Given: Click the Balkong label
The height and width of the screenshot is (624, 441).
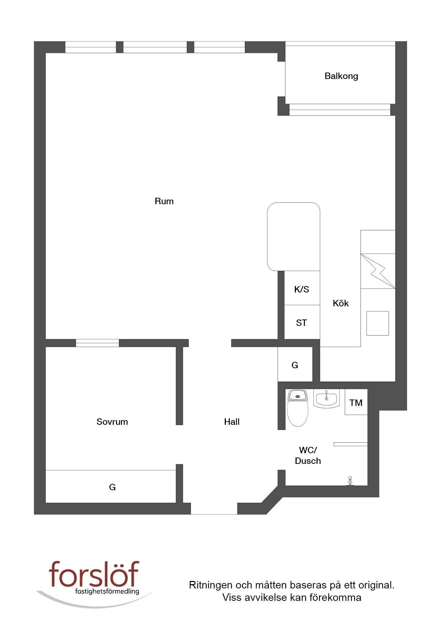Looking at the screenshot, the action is point(341,76).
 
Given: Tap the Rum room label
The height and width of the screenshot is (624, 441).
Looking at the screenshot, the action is point(164,201).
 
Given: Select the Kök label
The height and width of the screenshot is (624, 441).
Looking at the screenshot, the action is point(340,303).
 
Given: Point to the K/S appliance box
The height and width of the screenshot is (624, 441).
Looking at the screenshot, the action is point(302,288).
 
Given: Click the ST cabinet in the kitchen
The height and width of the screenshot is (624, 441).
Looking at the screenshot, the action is point(302,322).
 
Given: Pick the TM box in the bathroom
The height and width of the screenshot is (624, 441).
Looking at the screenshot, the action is point(356,402).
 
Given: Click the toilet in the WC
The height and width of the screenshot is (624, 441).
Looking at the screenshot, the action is point(298,408).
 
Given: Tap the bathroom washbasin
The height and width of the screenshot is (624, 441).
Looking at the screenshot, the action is point(326,398).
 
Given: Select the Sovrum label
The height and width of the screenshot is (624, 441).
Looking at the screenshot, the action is point(112,422).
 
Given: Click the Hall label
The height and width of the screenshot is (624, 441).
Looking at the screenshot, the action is point(232,422).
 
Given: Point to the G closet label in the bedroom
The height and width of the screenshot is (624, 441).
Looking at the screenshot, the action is point(112,487).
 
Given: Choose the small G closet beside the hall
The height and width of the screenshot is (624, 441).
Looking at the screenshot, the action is point(295,365).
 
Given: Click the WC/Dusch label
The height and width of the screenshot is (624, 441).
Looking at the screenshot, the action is point(308,455).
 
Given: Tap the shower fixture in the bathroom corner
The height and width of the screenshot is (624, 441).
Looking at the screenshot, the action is point(350,481).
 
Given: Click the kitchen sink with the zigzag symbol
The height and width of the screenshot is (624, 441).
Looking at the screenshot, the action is point(378,271).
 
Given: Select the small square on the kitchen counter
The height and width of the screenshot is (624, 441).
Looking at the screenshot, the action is point(378,323).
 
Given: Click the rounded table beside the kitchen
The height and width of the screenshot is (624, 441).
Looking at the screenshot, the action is point(293,237).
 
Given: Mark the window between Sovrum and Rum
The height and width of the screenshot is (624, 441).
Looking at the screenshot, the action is point(97,343).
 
